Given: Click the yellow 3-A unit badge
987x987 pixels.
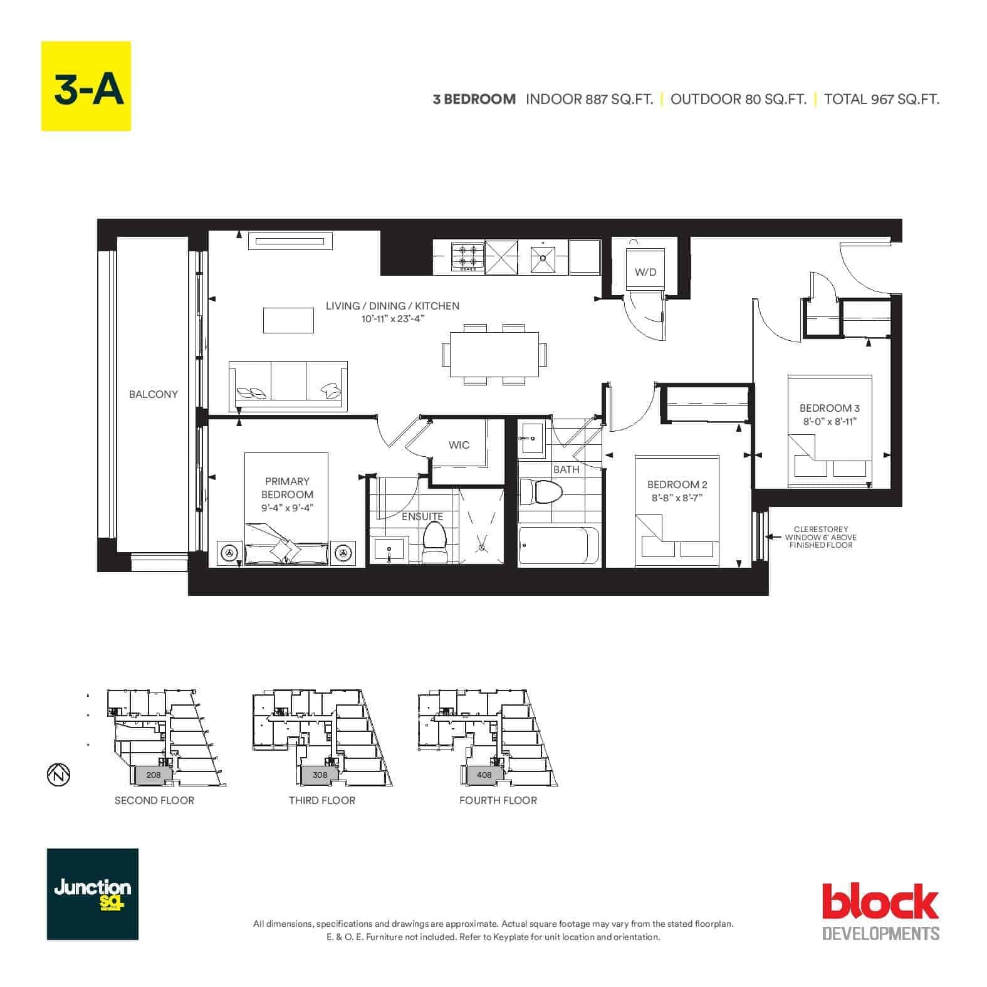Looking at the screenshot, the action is tap(86, 86).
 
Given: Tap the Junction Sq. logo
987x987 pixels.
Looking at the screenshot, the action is tap(93, 894).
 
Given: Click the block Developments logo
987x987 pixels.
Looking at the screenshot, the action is tap(880, 911).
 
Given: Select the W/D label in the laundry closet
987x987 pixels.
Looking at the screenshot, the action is tap(645, 272).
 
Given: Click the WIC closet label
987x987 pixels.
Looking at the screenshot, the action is tap(459, 445).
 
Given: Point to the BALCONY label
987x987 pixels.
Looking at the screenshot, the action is tap(154, 394).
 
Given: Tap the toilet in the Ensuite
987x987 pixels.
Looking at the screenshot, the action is tap(434, 543).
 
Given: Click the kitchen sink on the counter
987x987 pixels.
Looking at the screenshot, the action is tap(543, 259).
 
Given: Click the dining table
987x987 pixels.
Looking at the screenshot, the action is tap(494, 354).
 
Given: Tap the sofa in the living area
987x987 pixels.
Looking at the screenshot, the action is tap(288, 386).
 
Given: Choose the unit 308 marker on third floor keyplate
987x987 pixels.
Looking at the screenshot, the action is tap(320, 775).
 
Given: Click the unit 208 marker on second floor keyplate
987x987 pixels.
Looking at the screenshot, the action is tap(154, 775).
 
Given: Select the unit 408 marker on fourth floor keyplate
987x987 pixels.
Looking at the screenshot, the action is tap(484, 775).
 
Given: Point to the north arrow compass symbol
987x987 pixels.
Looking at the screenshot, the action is tap(58, 775).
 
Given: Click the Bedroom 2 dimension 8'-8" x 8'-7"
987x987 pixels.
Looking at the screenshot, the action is tap(677, 498).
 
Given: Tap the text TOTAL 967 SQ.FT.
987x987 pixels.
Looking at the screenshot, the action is tap(882, 99).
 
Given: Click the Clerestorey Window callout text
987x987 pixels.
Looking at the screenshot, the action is tap(821, 537).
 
